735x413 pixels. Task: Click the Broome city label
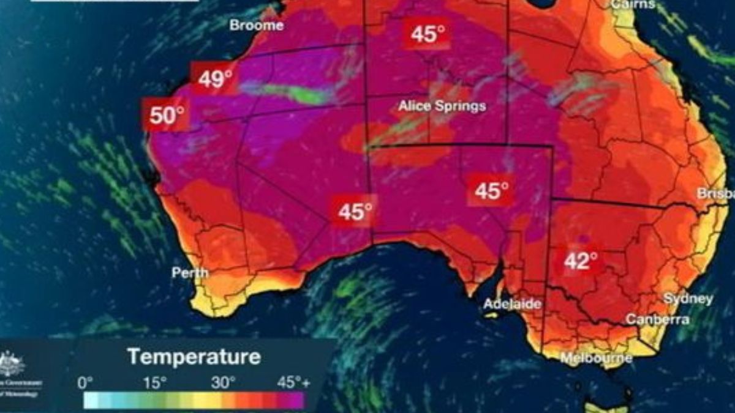[256, 26]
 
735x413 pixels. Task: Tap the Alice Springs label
[442, 106]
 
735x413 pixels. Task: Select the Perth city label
[190, 273]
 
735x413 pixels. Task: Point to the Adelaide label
[512, 303]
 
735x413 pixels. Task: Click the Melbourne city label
[596, 357]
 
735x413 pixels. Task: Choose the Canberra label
[657, 319]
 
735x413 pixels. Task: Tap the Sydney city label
[688, 299]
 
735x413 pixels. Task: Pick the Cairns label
[633, 4]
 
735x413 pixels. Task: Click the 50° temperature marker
[167, 114]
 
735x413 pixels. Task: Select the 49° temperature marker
[215, 78]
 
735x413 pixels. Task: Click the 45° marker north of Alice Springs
[428, 34]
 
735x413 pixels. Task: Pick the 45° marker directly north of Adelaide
[492, 191]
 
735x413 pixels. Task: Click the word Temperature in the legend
[194, 356]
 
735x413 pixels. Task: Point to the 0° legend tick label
[85, 384]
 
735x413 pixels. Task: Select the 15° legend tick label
[155, 384]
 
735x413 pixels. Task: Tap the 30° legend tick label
[223, 384]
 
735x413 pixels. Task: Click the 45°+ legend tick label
[294, 384]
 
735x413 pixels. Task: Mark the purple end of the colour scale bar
[296, 401]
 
